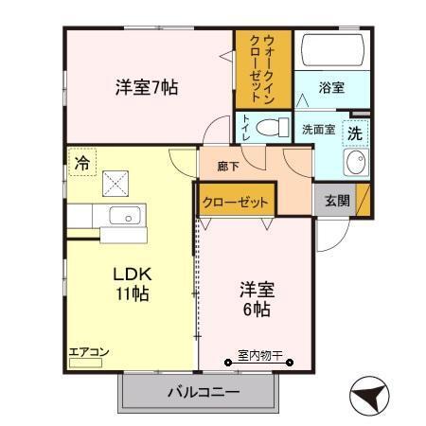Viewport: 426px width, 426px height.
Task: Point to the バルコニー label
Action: (x=204, y=391)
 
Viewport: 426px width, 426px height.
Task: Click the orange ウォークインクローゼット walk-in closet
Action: (x=263, y=70)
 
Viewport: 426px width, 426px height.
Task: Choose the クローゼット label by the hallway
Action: (x=237, y=202)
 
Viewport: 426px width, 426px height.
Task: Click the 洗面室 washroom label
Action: (x=318, y=130)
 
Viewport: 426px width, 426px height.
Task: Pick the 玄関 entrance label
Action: (x=336, y=200)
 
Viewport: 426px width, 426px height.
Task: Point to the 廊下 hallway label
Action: (x=227, y=166)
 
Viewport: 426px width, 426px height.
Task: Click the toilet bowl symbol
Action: (x=271, y=127)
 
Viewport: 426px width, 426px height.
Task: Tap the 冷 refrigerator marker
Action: (x=82, y=163)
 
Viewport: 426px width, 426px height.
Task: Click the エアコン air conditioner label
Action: (x=90, y=352)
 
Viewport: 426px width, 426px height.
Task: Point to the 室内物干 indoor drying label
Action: (x=259, y=355)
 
